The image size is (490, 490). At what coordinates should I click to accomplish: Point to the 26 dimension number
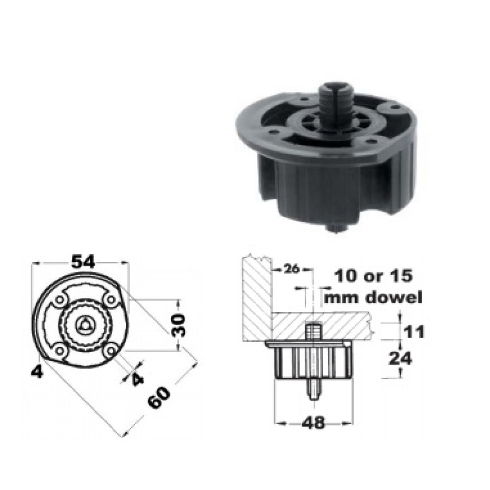point(293,269)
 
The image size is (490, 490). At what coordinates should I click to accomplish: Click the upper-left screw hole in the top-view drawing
point(59,299)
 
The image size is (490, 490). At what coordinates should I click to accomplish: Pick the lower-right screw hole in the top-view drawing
point(111,351)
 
